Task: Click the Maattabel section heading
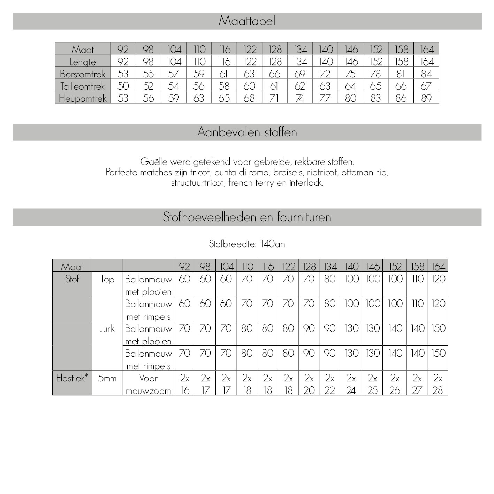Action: click(247, 21)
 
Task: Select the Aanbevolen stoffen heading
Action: click(247, 132)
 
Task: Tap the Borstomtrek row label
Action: click(83, 74)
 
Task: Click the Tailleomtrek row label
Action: click(83, 86)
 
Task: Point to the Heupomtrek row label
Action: click(83, 98)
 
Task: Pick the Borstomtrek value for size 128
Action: click(275, 74)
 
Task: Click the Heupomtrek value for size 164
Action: click(426, 98)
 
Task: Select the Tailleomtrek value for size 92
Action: click(123, 86)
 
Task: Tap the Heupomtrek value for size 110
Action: click(199, 98)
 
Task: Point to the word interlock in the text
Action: click(305, 183)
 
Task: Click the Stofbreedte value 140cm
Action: click(273, 244)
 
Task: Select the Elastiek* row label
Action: click(72, 378)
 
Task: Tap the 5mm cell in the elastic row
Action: click(107, 378)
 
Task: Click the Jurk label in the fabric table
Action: click(107, 328)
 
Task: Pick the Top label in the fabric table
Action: click(107, 279)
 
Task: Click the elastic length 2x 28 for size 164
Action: click(438, 384)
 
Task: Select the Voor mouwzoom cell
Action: click(148, 384)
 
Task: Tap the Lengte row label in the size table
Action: click(83, 62)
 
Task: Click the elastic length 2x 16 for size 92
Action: click(184, 384)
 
